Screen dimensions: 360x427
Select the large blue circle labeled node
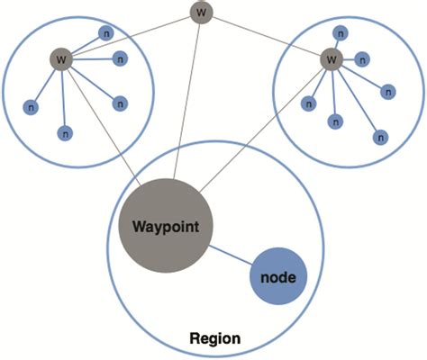pos(277,276)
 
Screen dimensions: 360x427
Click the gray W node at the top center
pos(201,13)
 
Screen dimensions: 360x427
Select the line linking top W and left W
pos(135,35)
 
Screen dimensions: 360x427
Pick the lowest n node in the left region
pos(64,133)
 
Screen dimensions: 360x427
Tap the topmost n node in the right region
pos(340,32)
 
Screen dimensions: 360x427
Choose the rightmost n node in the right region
pos(388,90)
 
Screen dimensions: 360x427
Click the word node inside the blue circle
pos(277,277)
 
